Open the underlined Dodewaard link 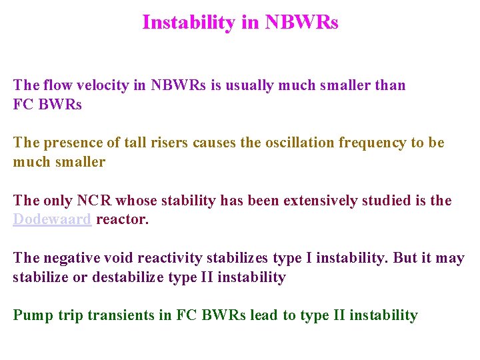pyautogui.click(x=52, y=219)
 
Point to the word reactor pyautogui.click(x=122, y=219)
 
